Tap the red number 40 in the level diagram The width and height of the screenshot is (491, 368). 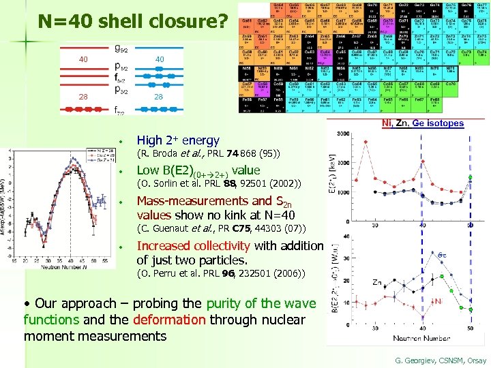click(84, 59)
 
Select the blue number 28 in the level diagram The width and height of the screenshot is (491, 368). click(159, 97)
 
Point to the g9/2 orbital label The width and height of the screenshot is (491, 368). click(121, 48)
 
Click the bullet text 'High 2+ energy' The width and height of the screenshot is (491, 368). click(178, 140)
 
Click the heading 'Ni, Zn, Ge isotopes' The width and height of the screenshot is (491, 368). click(422, 123)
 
